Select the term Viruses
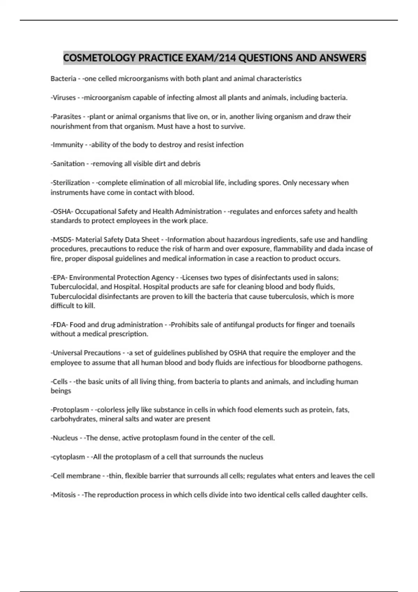tap(64, 98)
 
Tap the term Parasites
tap(67, 117)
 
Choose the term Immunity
tap(68, 145)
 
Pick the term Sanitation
tap(69, 164)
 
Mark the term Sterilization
tap(71, 183)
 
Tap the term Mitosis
tap(64, 495)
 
